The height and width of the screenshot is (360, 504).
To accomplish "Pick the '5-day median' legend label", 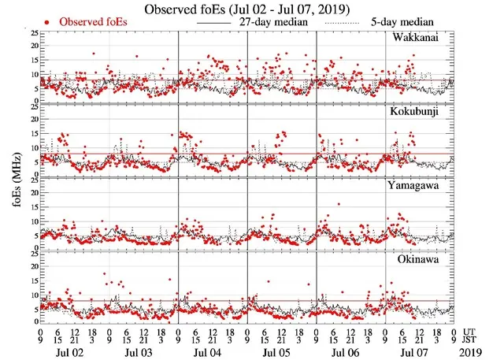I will click(410, 22).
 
